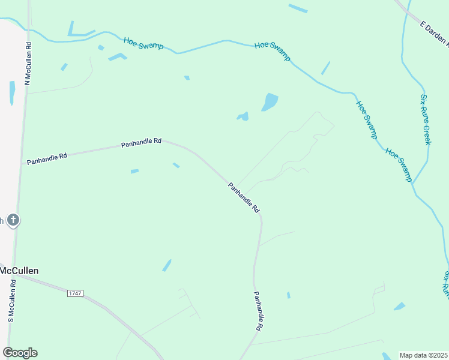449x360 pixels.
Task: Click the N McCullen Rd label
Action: click(x=28, y=64)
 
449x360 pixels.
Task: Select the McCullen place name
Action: click(x=19, y=271)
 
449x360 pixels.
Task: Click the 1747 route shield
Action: click(x=75, y=293)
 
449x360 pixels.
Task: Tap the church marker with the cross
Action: click(x=13, y=220)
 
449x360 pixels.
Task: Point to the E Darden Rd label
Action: click(x=433, y=34)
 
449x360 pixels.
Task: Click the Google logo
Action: click(x=20, y=353)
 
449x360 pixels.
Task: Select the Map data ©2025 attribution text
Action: click(x=424, y=355)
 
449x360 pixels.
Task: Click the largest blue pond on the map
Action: click(x=270, y=102)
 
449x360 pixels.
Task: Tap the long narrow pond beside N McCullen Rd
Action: click(x=12, y=92)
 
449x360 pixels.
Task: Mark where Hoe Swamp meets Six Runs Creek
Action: click(x=412, y=182)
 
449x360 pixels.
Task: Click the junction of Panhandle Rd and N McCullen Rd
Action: click(x=22, y=163)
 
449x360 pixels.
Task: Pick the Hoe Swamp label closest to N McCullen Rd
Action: click(x=143, y=43)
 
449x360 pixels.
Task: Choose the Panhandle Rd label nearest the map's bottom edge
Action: click(x=258, y=311)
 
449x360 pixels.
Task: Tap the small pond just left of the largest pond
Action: click(x=243, y=116)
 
